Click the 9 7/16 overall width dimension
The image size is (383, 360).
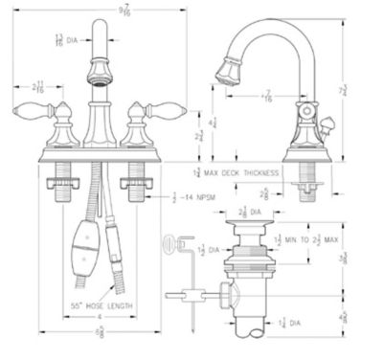[x=98, y=10]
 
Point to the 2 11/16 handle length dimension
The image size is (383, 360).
[x=36, y=88]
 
